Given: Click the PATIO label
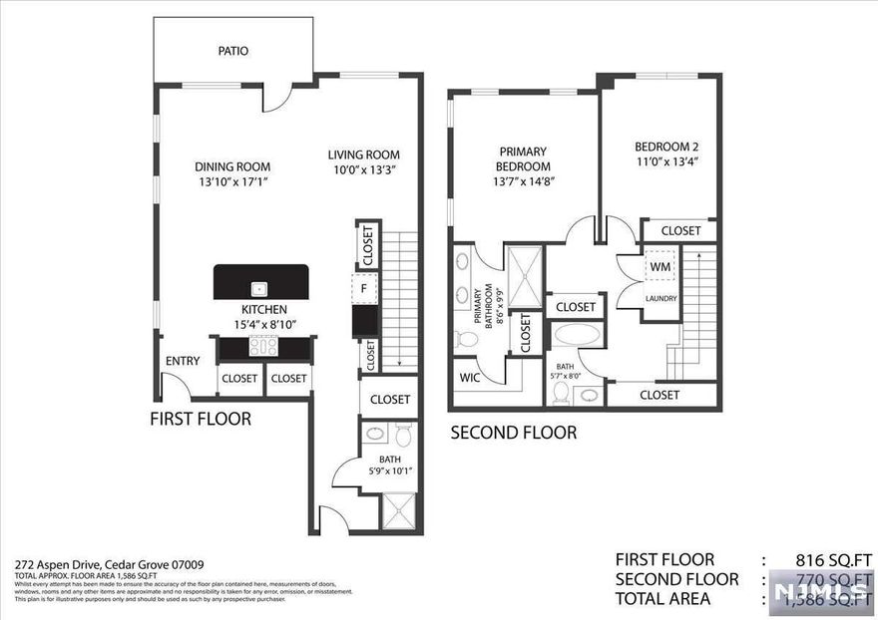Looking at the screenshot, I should [x=232, y=51].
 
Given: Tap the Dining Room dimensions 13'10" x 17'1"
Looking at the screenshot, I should [x=232, y=182].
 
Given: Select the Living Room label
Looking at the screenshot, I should [x=364, y=155].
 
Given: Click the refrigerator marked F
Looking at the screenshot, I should [x=366, y=289].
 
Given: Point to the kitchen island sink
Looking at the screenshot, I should [x=259, y=288].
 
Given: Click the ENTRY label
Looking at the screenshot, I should [x=183, y=361].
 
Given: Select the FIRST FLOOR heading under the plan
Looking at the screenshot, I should [x=201, y=419].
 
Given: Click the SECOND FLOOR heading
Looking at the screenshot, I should [x=513, y=433].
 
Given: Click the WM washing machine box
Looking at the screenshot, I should [x=659, y=268].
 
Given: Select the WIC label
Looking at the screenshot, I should [x=470, y=378].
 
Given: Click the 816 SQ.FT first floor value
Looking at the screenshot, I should [x=824, y=560].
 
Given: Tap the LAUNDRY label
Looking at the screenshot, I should [x=660, y=298].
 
